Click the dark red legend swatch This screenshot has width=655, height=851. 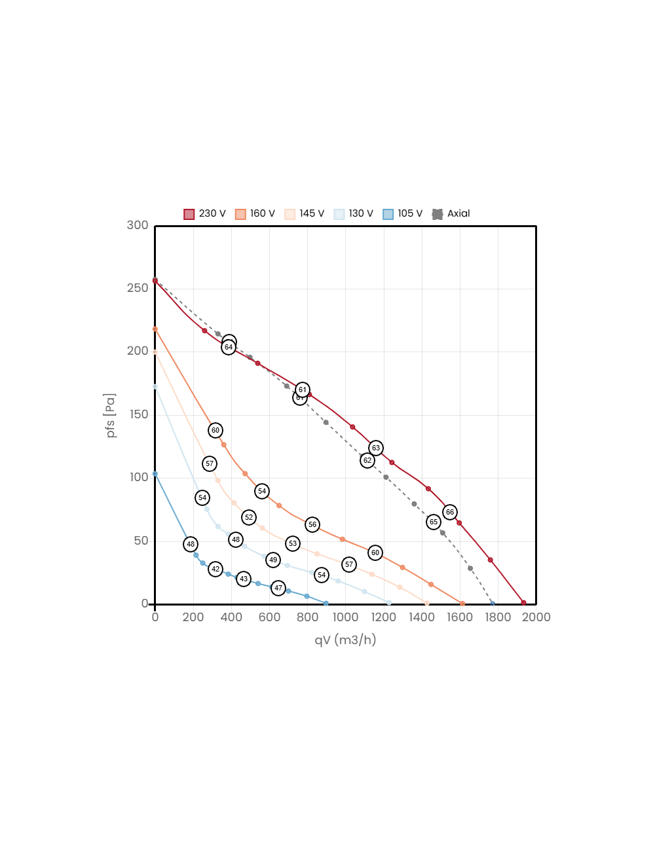coord(189,215)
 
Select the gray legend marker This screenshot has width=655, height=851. coord(438,215)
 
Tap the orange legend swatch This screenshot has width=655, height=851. coord(240,215)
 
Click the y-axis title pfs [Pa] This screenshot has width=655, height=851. coord(111,416)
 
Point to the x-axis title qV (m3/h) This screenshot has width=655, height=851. coord(345,640)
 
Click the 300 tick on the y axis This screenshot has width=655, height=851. coord(138,225)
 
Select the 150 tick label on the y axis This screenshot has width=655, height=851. coord(138,414)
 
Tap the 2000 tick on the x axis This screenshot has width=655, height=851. coord(536,617)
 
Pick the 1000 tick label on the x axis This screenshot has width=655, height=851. coord(345,617)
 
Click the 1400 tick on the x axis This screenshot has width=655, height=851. coord(421,617)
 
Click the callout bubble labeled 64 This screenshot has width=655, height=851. coord(228,347)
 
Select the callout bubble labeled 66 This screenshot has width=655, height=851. coord(449,513)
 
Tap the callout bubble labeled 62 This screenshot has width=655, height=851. coord(367,461)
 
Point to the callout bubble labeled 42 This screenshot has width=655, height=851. coord(215,570)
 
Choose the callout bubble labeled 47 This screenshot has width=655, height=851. coord(278,588)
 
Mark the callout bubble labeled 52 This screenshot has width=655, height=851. coord(249,518)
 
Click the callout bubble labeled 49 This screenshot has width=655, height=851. coord(273,560)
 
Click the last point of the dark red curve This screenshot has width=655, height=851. coord(523,602)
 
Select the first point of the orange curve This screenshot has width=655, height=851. coord(155,329)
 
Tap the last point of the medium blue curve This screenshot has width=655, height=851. coord(326,603)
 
